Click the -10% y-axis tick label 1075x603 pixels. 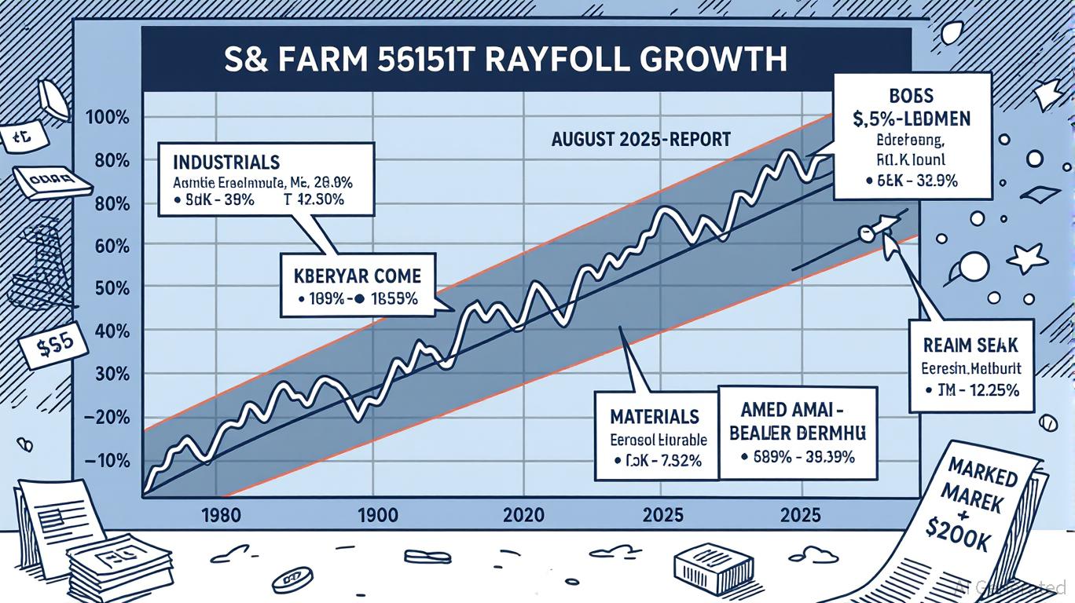[111, 461]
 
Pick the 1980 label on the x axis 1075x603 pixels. [226, 517]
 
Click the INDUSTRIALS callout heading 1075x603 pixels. [226, 163]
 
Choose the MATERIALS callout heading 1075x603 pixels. [655, 415]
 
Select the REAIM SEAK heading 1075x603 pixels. [972, 345]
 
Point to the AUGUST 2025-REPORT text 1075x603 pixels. [640, 140]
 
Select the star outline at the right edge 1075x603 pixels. [1027, 257]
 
